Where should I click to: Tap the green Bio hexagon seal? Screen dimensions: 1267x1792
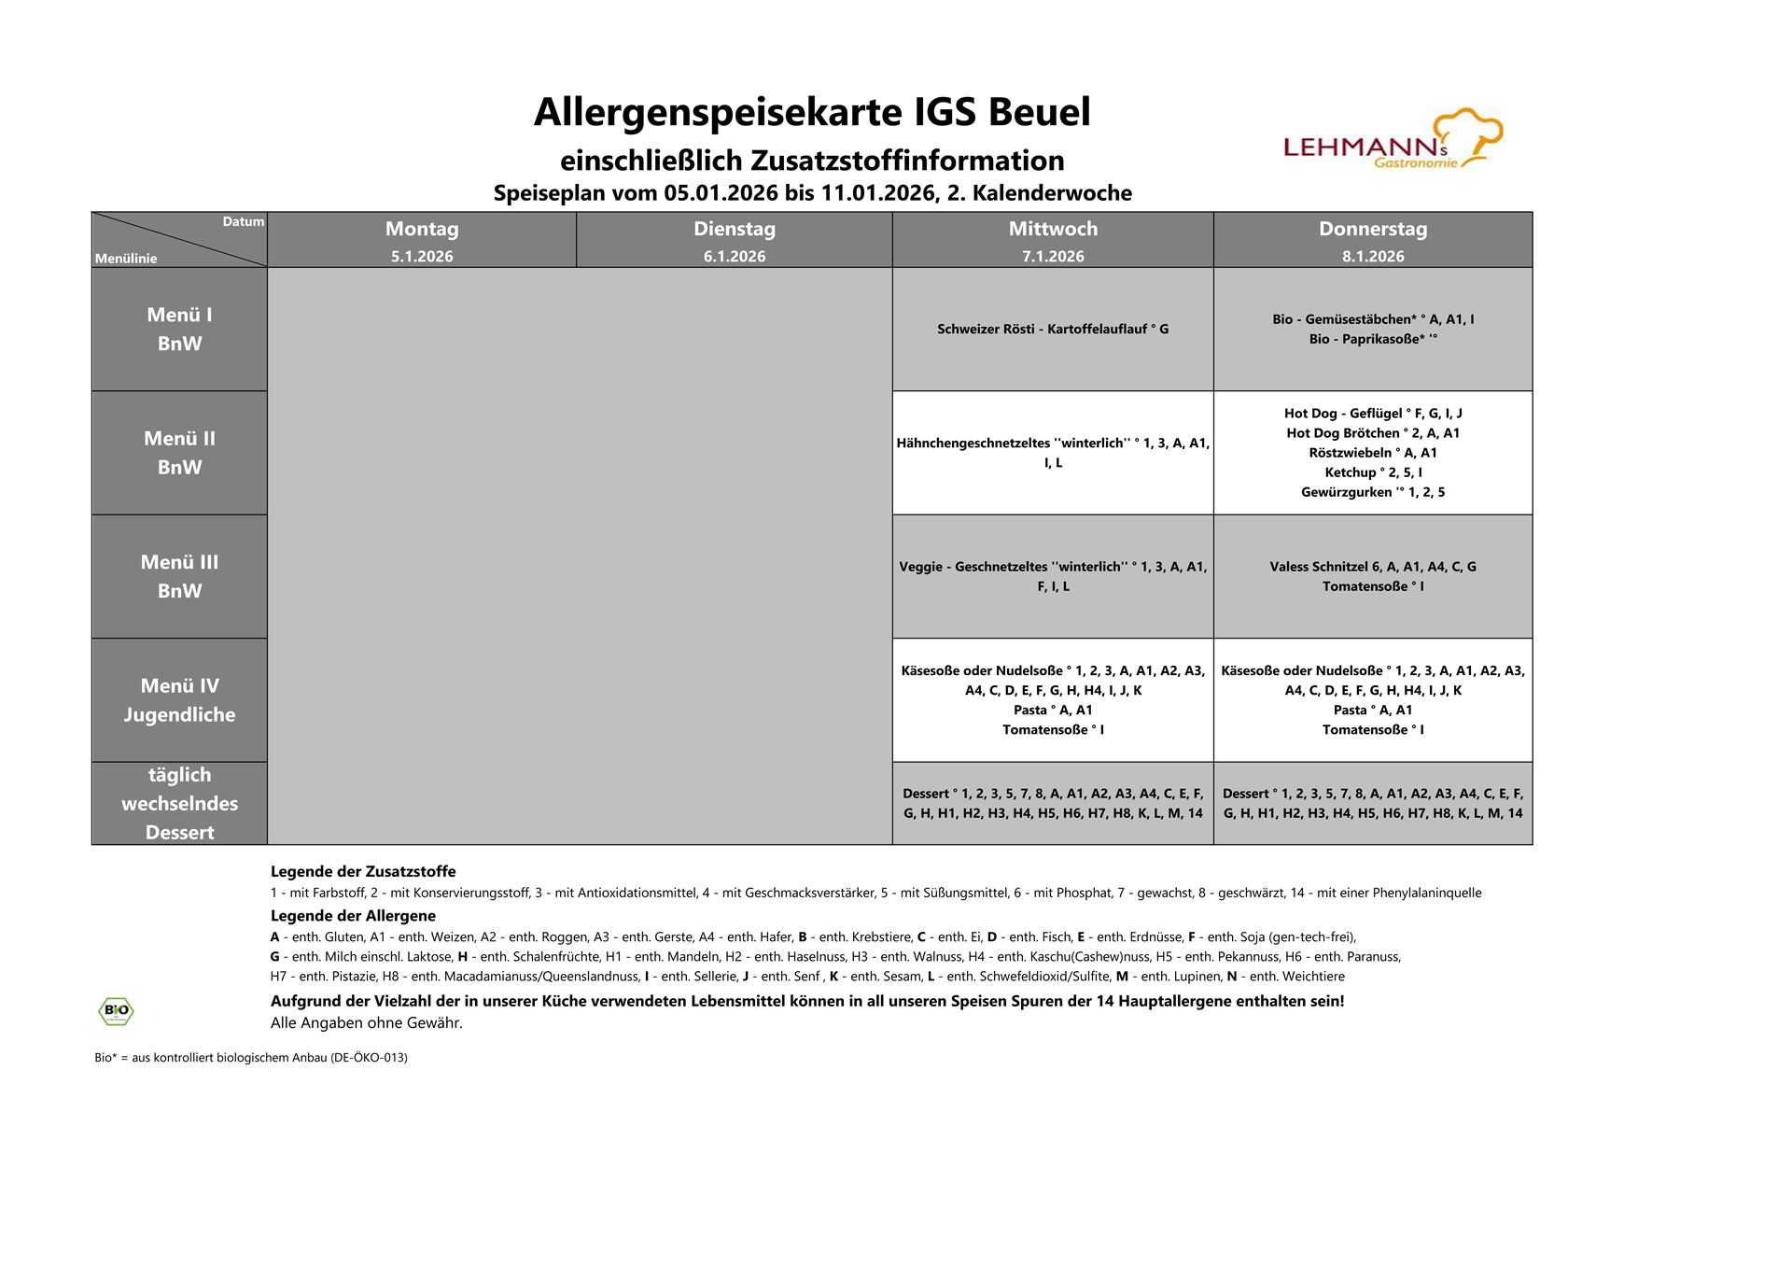[116, 1010]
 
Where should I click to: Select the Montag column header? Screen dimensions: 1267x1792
[422, 230]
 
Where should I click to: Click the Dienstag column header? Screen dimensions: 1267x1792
[735, 230]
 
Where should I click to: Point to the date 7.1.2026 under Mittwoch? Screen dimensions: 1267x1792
[1053, 257]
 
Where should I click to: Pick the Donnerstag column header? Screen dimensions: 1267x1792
[1372, 230]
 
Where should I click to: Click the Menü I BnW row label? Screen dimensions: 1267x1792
[179, 329]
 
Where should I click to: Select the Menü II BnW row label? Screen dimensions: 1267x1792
[179, 453]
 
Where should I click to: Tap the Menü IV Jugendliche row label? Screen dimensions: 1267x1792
[179, 700]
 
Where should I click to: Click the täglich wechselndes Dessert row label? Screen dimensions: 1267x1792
[179, 803]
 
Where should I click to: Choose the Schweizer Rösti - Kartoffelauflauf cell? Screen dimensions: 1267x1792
[1053, 329]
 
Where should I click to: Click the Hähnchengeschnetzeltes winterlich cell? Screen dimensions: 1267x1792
[1053, 453]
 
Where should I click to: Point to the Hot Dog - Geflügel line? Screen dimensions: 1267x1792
[1372, 414]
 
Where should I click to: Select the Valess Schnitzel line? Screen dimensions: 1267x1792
[1372, 567]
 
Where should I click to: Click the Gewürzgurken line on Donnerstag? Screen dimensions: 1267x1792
[1372, 492]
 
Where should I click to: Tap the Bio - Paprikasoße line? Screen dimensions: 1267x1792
[1372, 339]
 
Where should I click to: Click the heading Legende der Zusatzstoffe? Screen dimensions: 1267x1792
[363, 871]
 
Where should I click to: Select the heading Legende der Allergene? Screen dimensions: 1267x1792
[353, 916]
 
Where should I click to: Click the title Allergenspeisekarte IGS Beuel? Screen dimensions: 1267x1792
[812, 112]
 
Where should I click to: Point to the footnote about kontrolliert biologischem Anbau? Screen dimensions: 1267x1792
[251, 1058]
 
